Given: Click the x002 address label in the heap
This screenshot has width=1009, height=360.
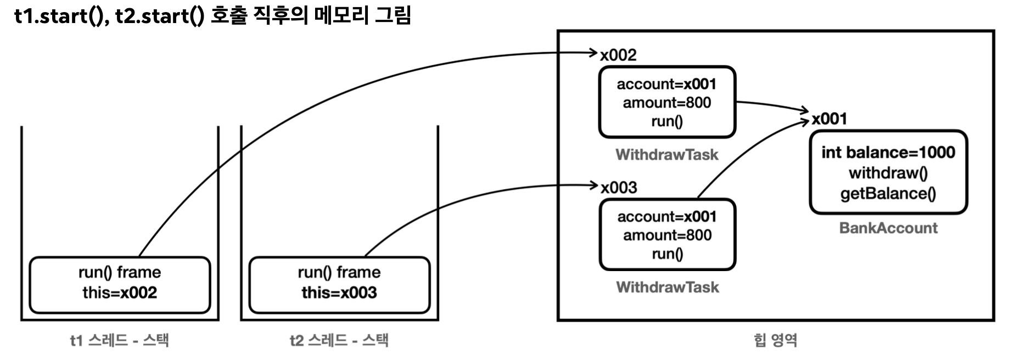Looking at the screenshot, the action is (x=618, y=55).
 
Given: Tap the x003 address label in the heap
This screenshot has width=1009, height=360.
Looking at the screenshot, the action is (x=619, y=188).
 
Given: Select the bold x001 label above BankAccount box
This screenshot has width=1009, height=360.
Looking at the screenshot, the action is (x=829, y=119).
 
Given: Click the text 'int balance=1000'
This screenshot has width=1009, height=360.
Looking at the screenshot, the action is (x=888, y=153).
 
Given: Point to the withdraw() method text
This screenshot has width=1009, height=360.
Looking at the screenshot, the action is (x=888, y=173).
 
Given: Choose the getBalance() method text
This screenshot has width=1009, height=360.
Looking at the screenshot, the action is (x=888, y=194).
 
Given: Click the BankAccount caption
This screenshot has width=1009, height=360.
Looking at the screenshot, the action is (x=888, y=228).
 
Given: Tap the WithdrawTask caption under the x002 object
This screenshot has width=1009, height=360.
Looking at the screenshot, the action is (x=667, y=155).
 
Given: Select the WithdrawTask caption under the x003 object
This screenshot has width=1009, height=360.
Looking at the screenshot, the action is (x=668, y=287).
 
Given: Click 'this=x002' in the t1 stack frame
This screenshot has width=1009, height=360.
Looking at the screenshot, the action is (x=120, y=292).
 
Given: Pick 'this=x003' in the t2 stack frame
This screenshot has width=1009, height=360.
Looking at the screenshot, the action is (x=339, y=292).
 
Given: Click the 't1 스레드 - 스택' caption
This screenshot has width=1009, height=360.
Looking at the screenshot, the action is (x=119, y=340).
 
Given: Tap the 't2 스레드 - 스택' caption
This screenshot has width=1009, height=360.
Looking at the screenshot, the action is (x=339, y=340).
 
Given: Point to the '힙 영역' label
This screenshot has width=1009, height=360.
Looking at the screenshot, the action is (x=775, y=340).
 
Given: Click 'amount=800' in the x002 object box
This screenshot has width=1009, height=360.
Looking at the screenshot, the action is (x=667, y=103).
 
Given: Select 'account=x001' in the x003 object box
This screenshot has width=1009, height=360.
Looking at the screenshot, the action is (x=667, y=217).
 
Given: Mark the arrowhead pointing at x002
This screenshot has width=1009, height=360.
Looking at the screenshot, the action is (x=593, y=53).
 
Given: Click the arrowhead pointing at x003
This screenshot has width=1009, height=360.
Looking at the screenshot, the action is (x=593, y=185).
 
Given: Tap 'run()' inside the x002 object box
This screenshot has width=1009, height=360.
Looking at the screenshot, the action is (x=667, y=121).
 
